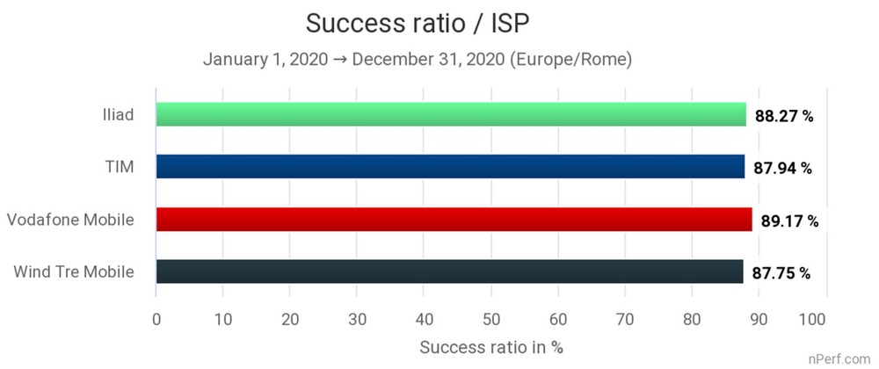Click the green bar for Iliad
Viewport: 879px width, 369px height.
(451, 114)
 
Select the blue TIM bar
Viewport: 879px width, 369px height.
(450, 167)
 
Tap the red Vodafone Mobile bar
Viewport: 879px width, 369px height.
(454, 220)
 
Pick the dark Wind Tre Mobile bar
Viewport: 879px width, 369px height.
(449, 271)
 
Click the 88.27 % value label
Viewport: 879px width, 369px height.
(783, 115)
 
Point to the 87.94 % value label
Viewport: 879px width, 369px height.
(782, 168)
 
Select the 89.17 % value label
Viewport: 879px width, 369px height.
(789, 221)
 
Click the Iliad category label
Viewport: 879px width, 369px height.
(117, 114)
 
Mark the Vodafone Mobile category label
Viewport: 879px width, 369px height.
(70, 219)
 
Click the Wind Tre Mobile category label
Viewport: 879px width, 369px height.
(74, 271)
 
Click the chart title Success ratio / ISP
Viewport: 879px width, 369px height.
(417, 22)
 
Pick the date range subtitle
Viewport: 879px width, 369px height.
(418, 60)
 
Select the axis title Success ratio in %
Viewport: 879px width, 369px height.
(491, 346)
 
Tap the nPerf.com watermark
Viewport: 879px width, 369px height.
(841, 360)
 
